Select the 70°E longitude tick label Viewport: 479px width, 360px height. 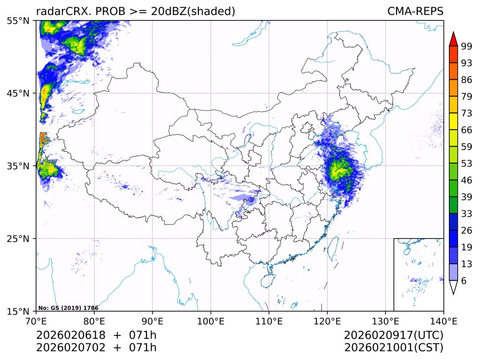(x=36, y=321)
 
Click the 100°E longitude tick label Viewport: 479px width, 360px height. (x=211, y=321)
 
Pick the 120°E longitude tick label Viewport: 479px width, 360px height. (x=327, y=321)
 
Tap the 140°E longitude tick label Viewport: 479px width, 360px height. (x=443, y=321)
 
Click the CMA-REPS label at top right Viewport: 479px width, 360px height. (x=415, y=11)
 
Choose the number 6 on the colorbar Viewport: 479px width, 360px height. (x=464, y=281)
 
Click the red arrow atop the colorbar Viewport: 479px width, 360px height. (x=453, y=39)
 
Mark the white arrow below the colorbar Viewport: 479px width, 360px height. (x=453, y=287)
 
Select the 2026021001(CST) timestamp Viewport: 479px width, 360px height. (x=393, y=348)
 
